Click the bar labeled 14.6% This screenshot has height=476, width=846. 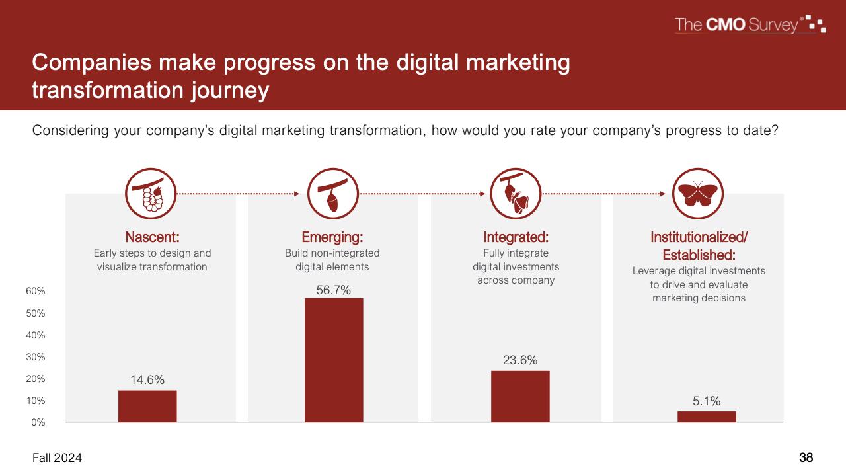(147, 406)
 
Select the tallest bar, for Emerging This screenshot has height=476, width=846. (334, 360)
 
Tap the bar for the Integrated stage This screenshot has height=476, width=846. (520, 396)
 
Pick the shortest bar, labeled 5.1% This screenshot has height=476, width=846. (707, 416)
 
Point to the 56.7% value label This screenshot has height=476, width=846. (334, 290)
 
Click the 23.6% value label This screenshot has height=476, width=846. (520, 360)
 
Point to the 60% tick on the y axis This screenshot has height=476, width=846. (36, 291)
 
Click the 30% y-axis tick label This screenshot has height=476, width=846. (36, 357)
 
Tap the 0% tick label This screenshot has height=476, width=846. (38, 422)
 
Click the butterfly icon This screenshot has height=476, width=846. (697, 194)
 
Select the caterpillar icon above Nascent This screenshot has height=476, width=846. (151, 194)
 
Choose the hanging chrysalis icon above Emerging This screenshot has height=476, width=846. (332, 194)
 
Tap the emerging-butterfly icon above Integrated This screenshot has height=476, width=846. (516, 194)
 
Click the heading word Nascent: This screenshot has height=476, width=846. (152, 237)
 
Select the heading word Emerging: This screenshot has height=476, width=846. (332, 237)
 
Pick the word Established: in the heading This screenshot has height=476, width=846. (699, 255)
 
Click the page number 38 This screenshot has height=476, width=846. (806, 458)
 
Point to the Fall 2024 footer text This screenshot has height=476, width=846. (57, 458)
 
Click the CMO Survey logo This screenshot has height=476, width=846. (750, 24)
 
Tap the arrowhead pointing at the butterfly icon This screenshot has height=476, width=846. (663, 194)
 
